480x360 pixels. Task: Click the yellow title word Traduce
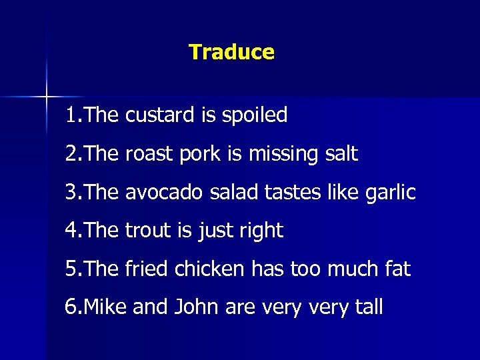[x=231, y=52]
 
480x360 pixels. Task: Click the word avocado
[x=163, y=193]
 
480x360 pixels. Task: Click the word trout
[x=148, y=231]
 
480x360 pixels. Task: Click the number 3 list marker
[x=70, y=193]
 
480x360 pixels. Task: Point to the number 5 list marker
[x=70, y=270]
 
